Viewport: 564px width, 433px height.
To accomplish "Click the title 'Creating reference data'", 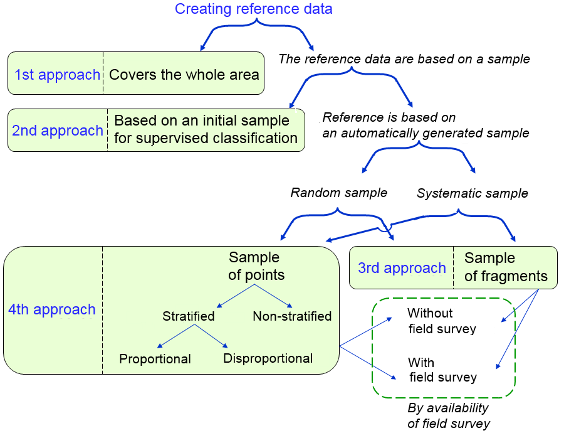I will click(253, 9).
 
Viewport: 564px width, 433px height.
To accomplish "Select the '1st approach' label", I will click(57, 75).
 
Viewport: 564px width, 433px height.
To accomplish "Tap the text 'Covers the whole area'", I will click(184, 75).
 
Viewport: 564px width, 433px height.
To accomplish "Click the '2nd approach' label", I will click(57, 131).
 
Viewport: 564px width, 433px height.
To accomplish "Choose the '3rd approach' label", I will click(402, 268).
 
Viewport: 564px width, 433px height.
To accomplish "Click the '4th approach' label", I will click(51, 309).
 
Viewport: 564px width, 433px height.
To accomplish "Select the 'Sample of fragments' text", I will click(506, 267).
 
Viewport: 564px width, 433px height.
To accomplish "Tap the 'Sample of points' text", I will click(256, 266).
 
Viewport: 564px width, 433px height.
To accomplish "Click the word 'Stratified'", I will click(188, 316).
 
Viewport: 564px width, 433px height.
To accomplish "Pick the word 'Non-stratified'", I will click(292, 316).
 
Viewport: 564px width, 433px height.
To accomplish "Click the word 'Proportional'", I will click(155, 359).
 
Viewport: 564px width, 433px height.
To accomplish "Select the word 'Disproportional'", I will click(268, 358).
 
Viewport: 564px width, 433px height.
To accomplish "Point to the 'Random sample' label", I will click(338, 193).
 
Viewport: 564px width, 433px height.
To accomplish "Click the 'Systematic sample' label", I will click(472, 193).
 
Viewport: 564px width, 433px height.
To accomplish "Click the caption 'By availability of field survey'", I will click(448, 415).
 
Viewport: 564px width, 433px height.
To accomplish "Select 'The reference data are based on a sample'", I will click(404, 59).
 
